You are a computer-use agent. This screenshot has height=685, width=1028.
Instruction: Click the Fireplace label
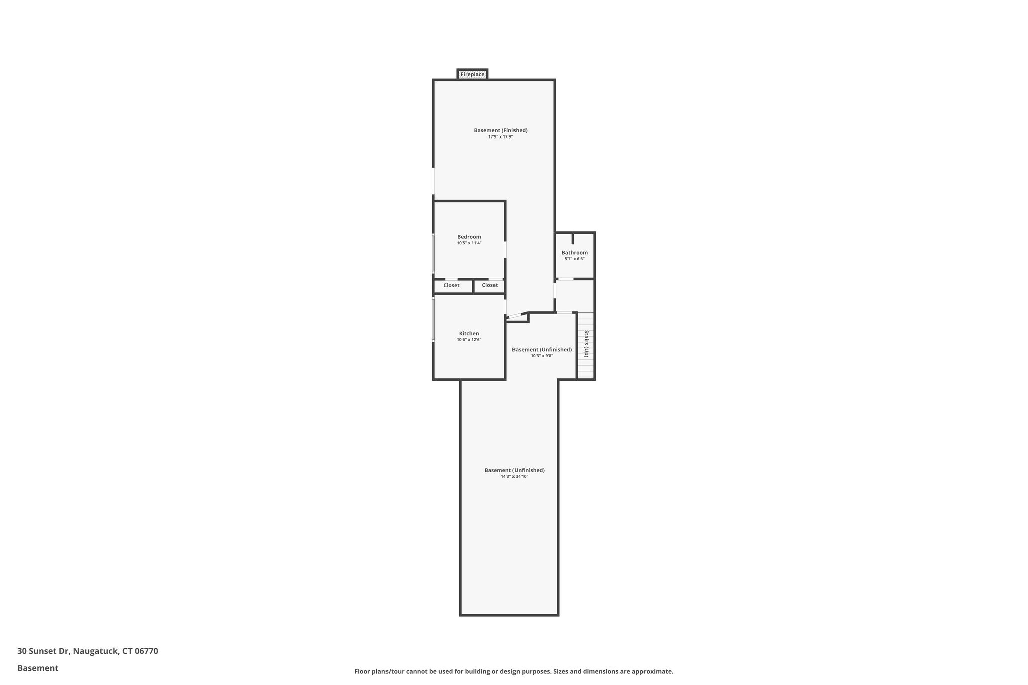tap(472, 74)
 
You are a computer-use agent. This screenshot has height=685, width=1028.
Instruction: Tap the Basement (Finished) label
tap(500, 130)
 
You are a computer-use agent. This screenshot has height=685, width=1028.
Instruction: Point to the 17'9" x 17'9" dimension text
tap(500, 136)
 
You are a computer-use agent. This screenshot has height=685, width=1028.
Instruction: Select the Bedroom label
tap(469, 237)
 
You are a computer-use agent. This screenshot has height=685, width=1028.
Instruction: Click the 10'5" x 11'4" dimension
tap(469, 243)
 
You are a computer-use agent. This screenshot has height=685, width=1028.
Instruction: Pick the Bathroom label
tap(574, 253)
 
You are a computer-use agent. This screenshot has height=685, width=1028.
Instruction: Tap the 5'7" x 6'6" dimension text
tap(574, 259)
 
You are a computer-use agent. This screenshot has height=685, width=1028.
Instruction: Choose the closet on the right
tap(490, 285)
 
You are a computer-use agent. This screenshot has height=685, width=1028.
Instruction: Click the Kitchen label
tap(469, 333)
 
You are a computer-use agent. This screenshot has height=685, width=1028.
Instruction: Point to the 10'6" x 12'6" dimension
tap(469, 339)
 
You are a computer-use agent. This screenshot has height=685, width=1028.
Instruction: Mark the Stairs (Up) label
tap(586, 344)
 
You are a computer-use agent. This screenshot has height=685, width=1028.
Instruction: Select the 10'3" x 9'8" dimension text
tap(542, 356)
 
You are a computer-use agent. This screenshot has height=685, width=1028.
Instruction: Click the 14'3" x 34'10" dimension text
tap(515, 476)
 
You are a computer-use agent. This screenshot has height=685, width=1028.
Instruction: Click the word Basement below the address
tap(38, 668)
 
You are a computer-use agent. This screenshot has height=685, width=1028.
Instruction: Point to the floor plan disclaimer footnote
tap(513, 671)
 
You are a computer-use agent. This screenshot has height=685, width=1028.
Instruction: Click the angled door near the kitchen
tap(516, 316)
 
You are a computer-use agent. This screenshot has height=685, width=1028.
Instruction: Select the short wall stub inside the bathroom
tap(573, 239)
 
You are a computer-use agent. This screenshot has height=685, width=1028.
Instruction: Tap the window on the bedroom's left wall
tap(434, 253)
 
